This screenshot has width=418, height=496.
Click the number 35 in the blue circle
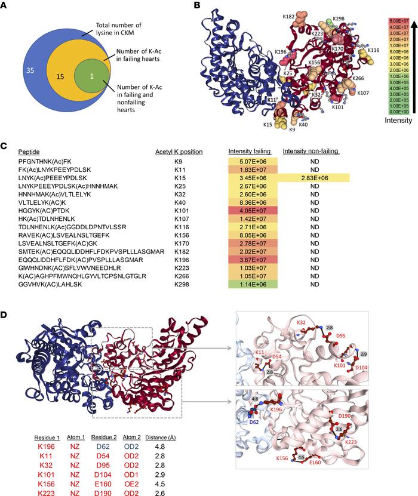27,70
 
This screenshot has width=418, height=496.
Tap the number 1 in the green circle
91,78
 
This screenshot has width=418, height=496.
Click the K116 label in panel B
373,51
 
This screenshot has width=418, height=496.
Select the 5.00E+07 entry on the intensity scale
396,20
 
